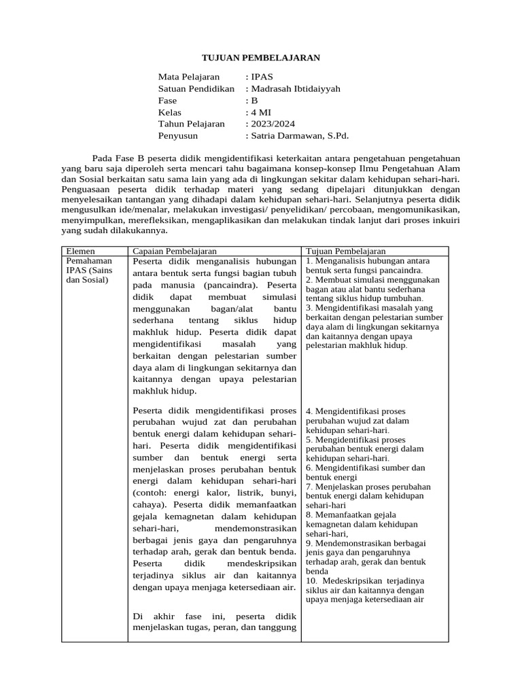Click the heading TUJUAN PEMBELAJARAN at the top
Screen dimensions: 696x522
pos(261,58)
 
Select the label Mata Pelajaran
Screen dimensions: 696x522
pos(189,77)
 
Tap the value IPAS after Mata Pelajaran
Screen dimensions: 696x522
pos(262,77)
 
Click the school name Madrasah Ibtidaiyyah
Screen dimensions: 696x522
pos(296,88)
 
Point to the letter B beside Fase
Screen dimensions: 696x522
pos(254,101)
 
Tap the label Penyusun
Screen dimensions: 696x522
pos(178,136)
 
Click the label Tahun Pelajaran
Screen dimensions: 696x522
pos(191,124)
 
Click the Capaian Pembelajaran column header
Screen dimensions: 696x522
pos(175,251)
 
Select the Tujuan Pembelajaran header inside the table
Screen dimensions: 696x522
pos(345,251)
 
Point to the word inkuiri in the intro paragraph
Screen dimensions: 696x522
pos(445,219)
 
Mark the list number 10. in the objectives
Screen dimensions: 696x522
pos(312,581)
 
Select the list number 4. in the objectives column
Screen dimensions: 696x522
pos(309,412)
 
